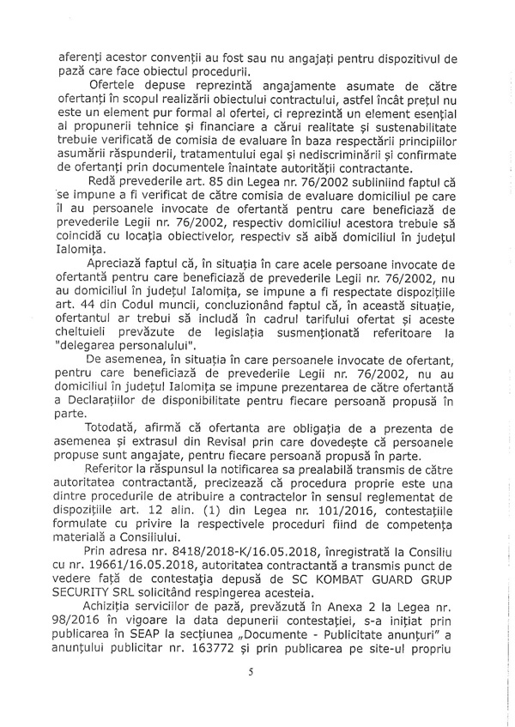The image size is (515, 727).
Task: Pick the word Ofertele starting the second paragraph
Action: (118, 89)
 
